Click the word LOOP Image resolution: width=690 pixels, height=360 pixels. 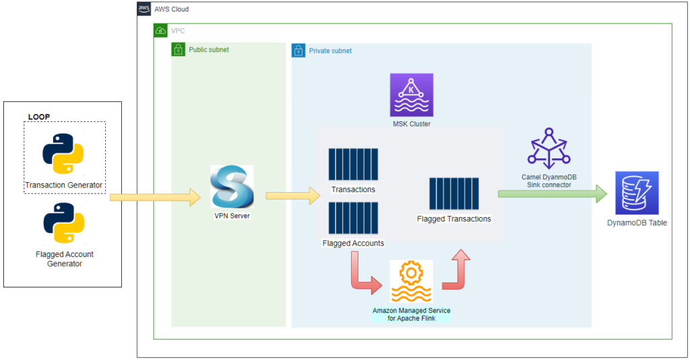[40, 117]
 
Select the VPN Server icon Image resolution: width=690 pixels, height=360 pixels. [232, 187]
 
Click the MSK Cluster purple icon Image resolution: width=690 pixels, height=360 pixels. [411, 95]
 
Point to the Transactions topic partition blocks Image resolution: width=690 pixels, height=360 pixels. [353, 164]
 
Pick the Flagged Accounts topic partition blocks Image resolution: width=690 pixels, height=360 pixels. [353, 218]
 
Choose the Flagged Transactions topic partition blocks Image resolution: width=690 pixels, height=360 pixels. [454, 194]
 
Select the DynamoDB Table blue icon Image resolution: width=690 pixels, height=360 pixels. [637, 193]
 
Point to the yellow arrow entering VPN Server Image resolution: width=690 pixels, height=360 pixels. [156, 198]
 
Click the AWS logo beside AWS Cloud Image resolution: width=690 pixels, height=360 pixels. [144, 9]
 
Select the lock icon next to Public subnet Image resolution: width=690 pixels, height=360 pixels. [179, 50]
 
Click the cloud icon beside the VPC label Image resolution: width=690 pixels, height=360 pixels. [161, 31]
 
